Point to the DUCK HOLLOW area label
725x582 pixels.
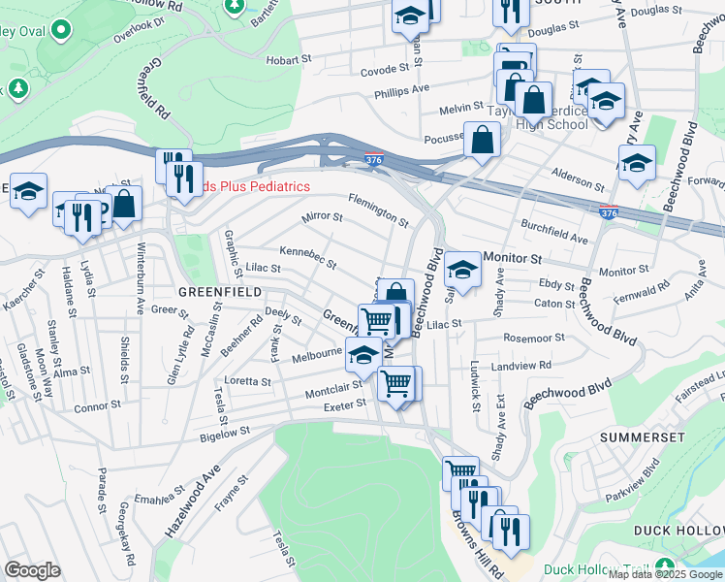coord(678,531)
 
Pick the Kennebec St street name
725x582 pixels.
coord(307,257)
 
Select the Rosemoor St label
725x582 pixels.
coord(534,338)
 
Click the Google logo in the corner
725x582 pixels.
coord(32,570)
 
